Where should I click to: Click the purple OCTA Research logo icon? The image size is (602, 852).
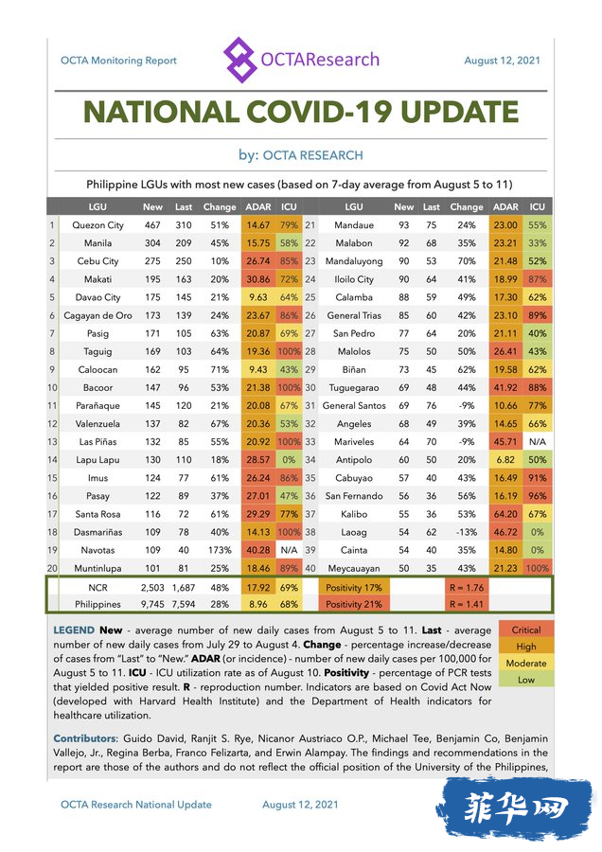239,60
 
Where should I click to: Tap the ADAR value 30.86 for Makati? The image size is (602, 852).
258,279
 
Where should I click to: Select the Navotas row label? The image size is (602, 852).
97,550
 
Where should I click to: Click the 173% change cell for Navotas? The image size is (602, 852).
220,550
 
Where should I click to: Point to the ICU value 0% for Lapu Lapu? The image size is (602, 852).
289,460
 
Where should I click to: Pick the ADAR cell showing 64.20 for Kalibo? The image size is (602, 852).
505,514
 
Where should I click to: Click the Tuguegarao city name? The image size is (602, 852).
354,388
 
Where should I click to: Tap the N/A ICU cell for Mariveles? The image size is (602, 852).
538,442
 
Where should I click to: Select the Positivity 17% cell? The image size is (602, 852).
354,588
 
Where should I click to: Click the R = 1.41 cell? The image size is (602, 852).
467,604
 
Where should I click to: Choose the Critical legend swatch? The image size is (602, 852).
526,630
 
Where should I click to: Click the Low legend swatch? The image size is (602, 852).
526,680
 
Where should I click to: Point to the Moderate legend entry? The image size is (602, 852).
526,664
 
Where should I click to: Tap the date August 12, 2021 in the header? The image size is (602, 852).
502,61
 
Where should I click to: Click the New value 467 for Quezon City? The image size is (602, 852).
152,225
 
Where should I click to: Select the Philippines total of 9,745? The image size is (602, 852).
152,604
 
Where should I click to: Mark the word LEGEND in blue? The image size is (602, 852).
74,630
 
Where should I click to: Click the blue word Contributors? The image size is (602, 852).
85,738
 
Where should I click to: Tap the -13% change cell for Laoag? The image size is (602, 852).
466,532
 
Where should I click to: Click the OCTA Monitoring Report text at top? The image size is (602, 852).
118,61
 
